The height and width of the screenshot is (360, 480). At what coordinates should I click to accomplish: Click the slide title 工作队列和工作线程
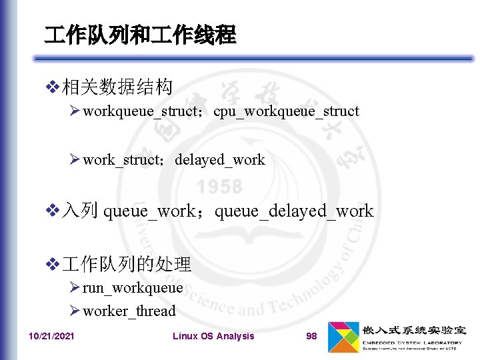tap(140, 35)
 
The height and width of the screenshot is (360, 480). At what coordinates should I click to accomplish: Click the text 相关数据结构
tap(117, 87)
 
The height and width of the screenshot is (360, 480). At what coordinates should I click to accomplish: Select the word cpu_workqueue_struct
tap(286, 111)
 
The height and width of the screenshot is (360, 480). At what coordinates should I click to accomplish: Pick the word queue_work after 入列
tap(149, 211)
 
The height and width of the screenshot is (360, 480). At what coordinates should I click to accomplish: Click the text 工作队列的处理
tap(127, 265)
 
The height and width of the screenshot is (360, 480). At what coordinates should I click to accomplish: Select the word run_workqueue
tap(133, 288)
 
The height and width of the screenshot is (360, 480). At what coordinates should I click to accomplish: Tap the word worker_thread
tap(129, 311)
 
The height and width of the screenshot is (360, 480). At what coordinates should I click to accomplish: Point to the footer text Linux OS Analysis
tap(213, 336)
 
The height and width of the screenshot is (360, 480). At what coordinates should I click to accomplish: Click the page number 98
tap(311, 336)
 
